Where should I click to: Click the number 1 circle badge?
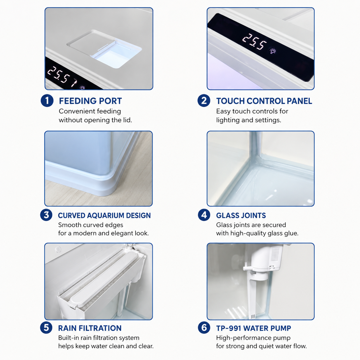[47, 101]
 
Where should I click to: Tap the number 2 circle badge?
[204, 101]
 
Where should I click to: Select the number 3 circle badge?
[46, 215]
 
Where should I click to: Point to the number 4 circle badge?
[204, 215]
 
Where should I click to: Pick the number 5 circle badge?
[46, 328]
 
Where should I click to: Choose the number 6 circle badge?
[204, 328]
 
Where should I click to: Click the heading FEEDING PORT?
[90, 101]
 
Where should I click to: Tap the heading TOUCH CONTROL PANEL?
[264, 101]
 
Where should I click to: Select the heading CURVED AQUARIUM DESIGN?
[104, 215]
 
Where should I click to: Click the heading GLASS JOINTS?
[241, 215]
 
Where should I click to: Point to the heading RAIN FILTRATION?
[90, 328]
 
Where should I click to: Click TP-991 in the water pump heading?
[229, 328]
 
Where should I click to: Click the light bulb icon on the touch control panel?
[273, 51]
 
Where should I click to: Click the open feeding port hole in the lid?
[116, 56]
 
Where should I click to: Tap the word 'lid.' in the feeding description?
[128, 120]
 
